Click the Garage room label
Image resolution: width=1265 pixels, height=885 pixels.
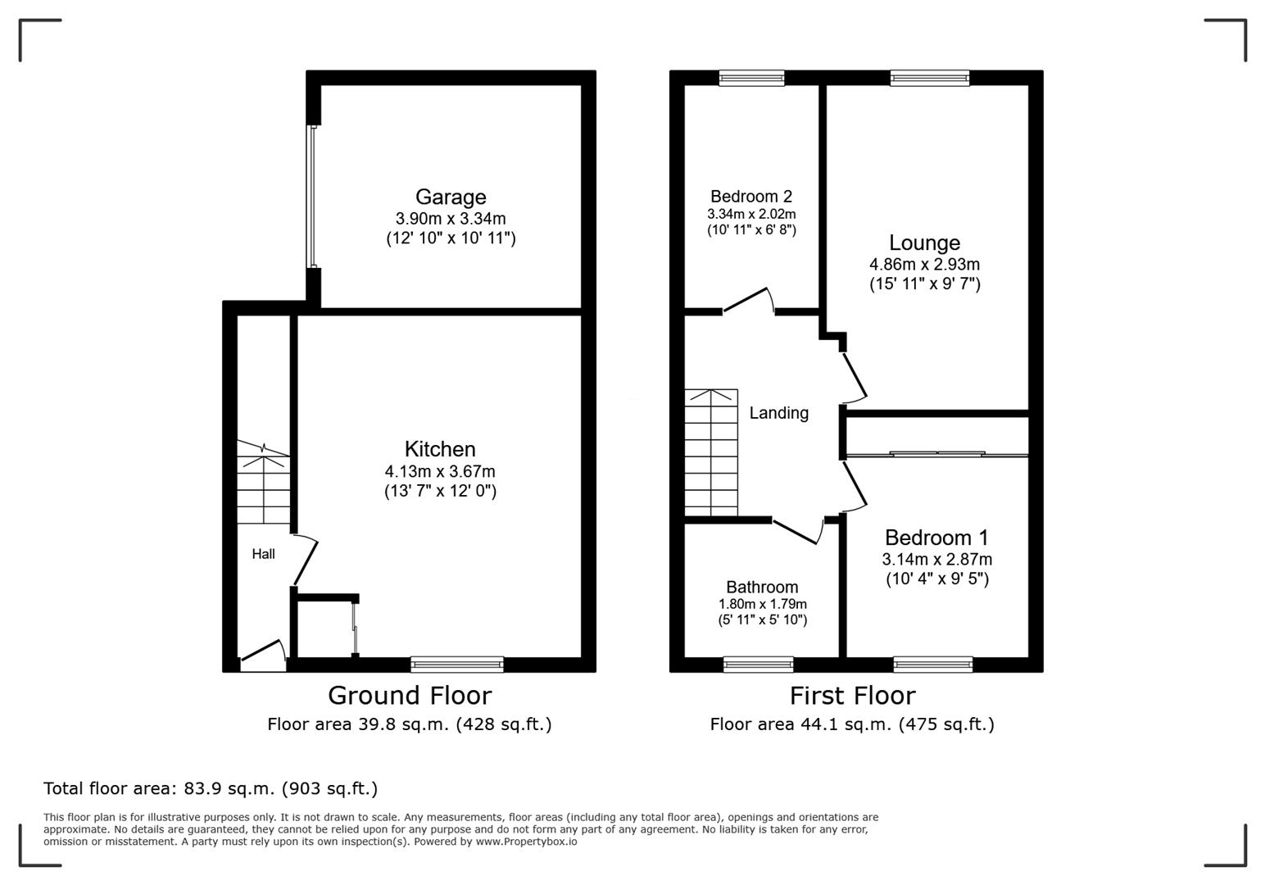(451, 197)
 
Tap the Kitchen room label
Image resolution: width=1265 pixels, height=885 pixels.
(440, 449)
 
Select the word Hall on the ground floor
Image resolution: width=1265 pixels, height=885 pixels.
(263, 554)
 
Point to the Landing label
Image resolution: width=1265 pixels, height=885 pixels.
(778, 413)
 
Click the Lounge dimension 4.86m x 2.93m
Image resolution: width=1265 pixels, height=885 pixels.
(924, 265)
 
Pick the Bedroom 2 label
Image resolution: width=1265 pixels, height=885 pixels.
(751, 197)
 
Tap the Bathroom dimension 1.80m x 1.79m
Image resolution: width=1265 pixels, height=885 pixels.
(762, 605)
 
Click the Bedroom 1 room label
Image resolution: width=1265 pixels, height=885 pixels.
(936, 538)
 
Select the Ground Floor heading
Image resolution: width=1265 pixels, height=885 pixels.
(410, 696)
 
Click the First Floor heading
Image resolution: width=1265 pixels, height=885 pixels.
(852, 696)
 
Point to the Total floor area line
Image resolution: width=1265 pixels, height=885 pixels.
(211, 788)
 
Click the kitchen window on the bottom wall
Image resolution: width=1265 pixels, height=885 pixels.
(457, 665)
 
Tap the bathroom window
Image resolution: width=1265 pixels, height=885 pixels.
(759, 665)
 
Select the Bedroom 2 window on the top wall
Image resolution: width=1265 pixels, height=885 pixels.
(751, 78)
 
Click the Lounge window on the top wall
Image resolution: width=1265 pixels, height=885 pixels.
(930, 78)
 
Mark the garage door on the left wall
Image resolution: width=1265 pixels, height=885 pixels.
(312, 197)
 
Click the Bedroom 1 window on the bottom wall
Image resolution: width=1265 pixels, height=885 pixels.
(933, 665)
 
